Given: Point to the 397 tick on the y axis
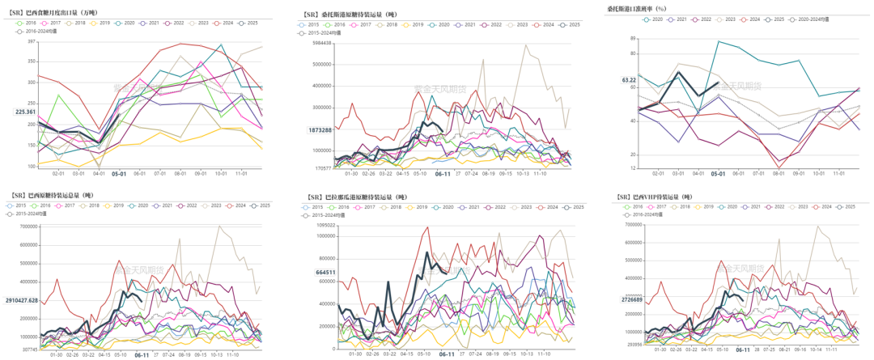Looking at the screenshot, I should [32, 42].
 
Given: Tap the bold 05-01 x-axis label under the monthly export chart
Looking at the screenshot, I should [118, 173].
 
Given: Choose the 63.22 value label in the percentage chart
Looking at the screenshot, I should [629, 80].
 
